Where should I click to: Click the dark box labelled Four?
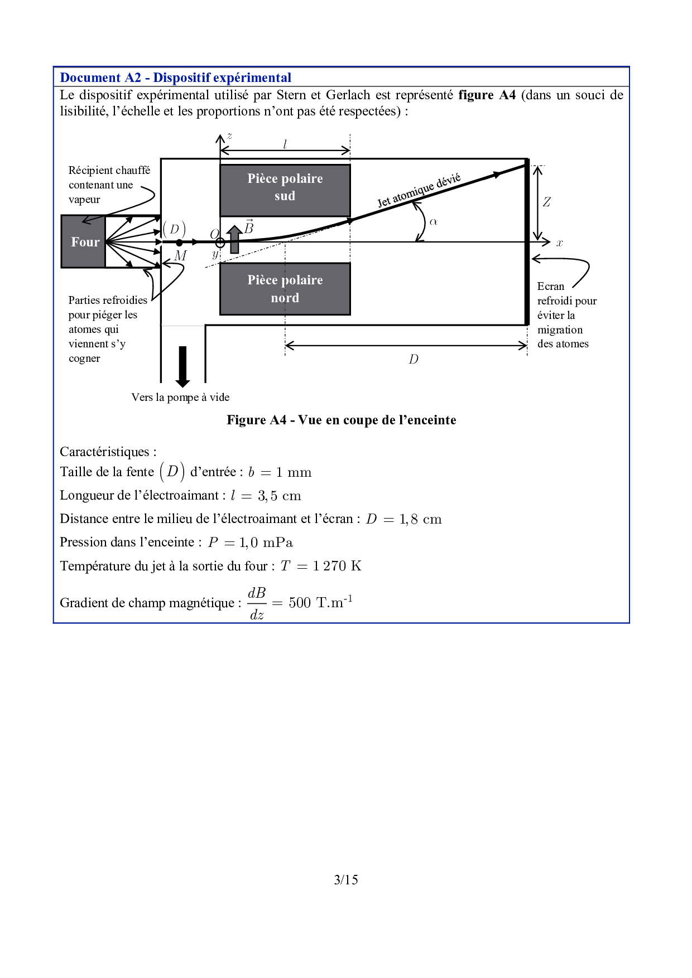point(84,241)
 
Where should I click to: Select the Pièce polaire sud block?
point(285,190)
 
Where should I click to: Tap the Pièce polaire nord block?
point(285,289)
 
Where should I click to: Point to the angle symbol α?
point(434,222)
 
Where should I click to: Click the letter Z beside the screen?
point(547,202)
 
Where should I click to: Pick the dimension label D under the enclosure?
point(413,359)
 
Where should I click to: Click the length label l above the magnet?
point(285,144)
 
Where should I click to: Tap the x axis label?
point(560,243)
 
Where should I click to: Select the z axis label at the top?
point(229,135)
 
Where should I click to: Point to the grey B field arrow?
point(234,239)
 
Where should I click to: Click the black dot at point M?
point(179,243)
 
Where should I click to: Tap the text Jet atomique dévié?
point(419,190)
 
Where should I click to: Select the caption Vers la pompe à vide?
point(180,397)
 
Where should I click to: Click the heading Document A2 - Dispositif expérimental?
point(176,78)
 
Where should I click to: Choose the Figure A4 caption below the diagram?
point(341,420)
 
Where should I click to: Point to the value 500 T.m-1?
point(320,602)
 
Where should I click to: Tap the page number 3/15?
point(346,880)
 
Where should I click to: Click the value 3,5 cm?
point(280,496)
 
